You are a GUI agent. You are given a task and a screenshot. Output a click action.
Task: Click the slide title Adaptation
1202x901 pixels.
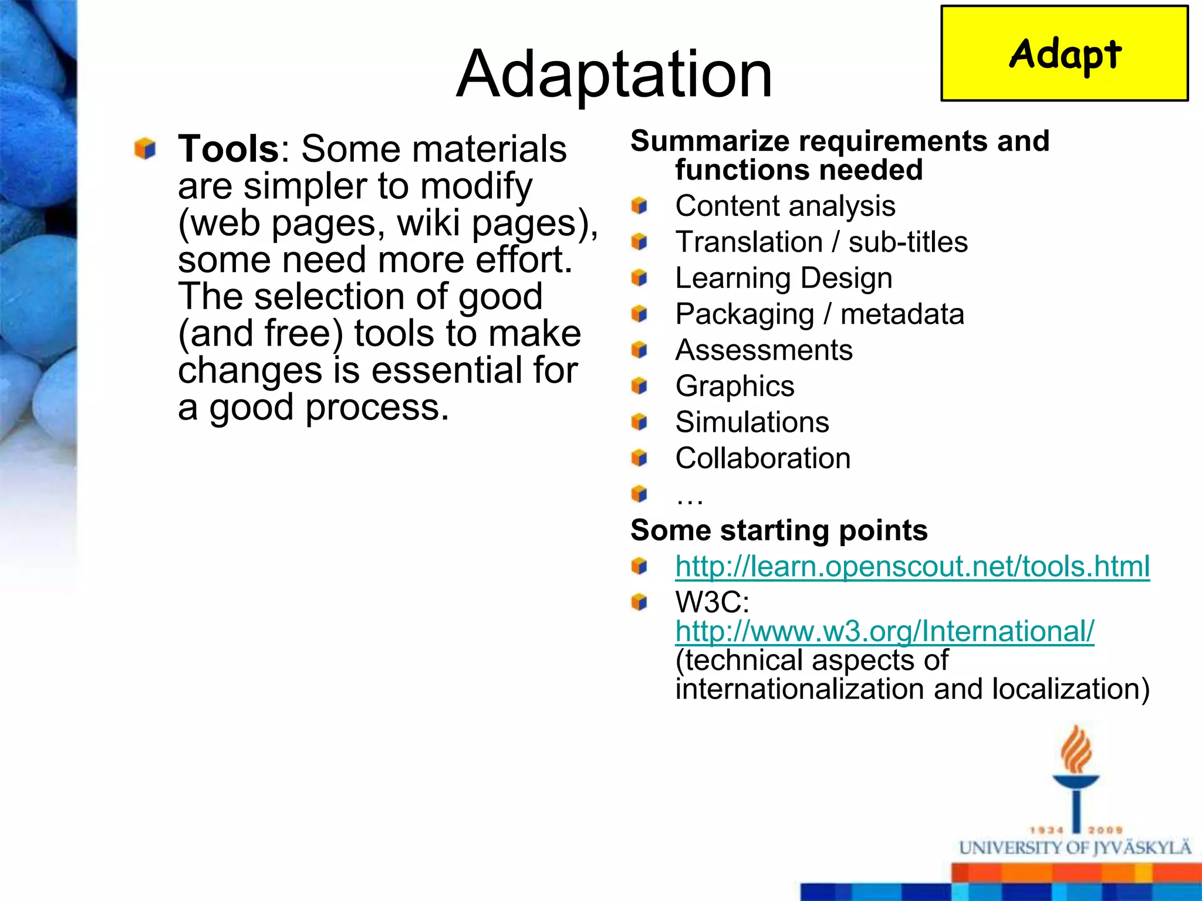click(614, 75)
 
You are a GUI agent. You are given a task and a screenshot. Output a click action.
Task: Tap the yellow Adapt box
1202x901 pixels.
click(1064, 54)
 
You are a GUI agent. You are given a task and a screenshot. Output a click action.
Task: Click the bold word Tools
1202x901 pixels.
click(228, 148)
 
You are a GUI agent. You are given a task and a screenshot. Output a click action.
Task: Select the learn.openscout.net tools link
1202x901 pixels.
click(912, 566)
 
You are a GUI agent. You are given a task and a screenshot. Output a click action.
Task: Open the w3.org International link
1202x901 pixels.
click(884, 631)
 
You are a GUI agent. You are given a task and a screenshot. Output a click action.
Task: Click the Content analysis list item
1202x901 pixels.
click(785, 206)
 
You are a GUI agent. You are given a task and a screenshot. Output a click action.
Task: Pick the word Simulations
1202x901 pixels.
click(752, 422)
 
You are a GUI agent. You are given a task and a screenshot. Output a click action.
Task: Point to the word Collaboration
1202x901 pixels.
click(762, 458)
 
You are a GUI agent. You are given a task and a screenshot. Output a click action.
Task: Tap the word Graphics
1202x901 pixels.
click(735, 386)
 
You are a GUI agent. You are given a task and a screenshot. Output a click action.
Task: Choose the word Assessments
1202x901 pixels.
click(764, 350)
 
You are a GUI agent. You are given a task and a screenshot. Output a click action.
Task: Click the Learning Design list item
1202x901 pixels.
click(784, 278)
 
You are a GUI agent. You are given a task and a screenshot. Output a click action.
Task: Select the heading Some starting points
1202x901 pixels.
click(779, 530)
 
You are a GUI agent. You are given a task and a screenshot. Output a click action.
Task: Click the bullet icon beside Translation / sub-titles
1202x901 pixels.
click(639, 242)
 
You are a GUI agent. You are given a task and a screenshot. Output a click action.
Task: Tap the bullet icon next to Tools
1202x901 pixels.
click(145, 148)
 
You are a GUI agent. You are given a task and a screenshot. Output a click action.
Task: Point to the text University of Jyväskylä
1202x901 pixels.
click(1075, 848)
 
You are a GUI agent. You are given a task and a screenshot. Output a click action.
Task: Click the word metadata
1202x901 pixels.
click(902, 314)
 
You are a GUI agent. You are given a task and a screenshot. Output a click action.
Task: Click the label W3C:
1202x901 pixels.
click(712, 602)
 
